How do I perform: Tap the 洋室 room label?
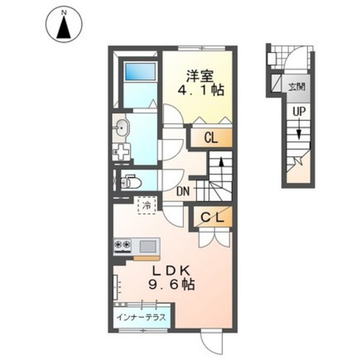pos(200,76)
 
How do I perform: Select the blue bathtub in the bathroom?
pos(140,71)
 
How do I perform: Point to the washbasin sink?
pos(122,128)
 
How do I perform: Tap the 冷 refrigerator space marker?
pos(147,206)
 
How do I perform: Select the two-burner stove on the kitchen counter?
pos(123,245)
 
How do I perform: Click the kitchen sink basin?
pos(148,246)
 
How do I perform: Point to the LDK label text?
pos(172,271)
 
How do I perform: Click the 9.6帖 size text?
pos(172,285)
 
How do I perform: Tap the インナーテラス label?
pos(141,318)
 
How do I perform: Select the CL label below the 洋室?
pos(212,138)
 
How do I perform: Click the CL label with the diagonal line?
pos(212,217)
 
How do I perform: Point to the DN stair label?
pos(183,192)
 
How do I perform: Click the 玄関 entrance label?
pos(296,87)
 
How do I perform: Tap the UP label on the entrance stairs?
pos(299,112)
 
